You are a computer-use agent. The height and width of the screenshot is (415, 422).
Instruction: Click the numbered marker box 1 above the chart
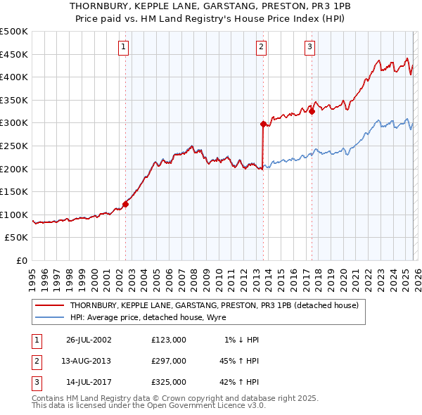[x=123, y=47]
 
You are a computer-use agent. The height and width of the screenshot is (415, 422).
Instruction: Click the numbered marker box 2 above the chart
[x=261, y=47]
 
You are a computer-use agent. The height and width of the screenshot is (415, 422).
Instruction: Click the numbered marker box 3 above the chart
[x=309, y=47]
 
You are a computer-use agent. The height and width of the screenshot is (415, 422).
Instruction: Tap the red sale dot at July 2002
[x=126, y=204]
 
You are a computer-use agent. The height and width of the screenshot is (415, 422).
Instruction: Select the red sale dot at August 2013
[x=263, y=124]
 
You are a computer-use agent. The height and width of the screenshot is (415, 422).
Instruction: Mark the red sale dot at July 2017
[x=312, y=111]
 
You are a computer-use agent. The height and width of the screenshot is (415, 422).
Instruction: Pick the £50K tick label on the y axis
[x=17, y=238]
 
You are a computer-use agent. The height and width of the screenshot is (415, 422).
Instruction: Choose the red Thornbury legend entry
[x=215, y=305]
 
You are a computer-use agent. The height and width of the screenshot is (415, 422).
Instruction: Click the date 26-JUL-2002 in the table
[x=89, y=340]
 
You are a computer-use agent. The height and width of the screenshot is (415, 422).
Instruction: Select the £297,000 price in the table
[x=169, y=361]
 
